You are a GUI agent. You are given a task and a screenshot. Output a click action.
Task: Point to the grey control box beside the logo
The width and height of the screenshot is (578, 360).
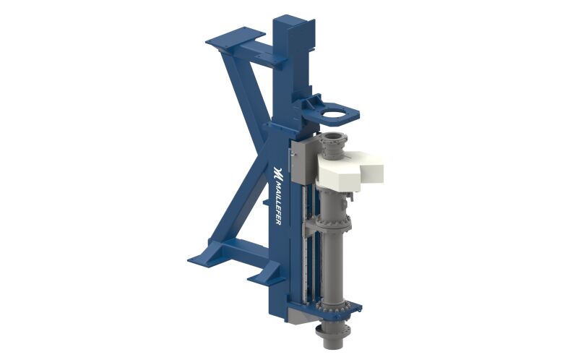click(x=301, y=159)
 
